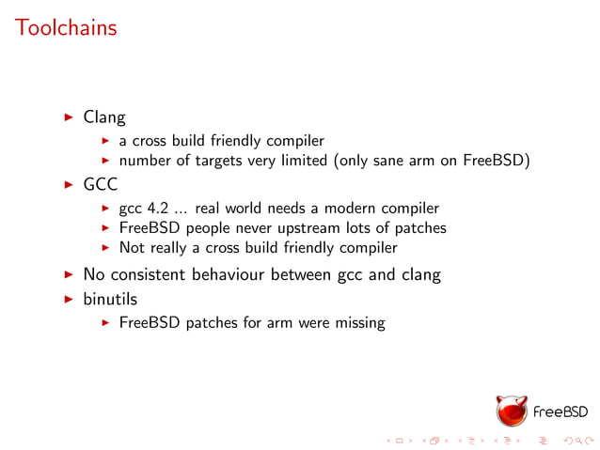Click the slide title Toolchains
(x=66, y=27)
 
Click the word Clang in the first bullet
(x=104, y=118)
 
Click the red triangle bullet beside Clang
(x=69, y=118)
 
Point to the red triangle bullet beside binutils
(x=69, y=298)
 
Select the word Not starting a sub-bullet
(x=132, y=248)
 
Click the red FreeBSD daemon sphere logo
(x=513, y=410)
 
